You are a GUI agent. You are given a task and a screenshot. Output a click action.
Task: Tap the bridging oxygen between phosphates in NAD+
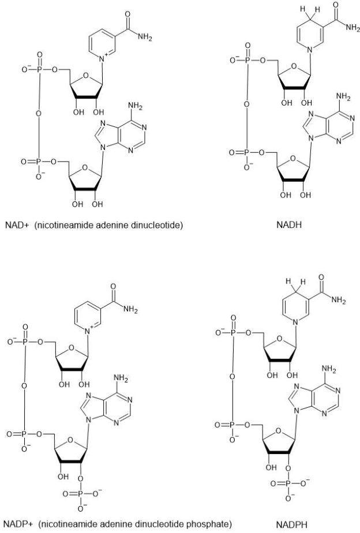(x=39, y=112)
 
